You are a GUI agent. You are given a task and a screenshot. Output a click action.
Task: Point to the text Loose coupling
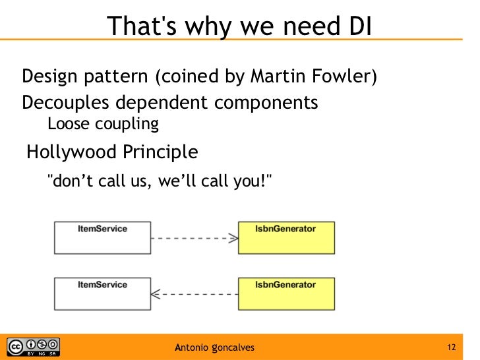[104, 123]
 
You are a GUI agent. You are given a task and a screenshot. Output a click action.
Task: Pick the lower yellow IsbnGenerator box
[285, 294]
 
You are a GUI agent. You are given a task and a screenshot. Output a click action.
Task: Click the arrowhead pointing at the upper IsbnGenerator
[233, 238]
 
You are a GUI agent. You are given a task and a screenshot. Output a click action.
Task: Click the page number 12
[452, 347]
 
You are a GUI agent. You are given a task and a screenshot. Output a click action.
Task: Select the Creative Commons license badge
[33, 347]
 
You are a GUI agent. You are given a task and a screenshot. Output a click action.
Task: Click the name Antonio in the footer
[192, 347]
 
